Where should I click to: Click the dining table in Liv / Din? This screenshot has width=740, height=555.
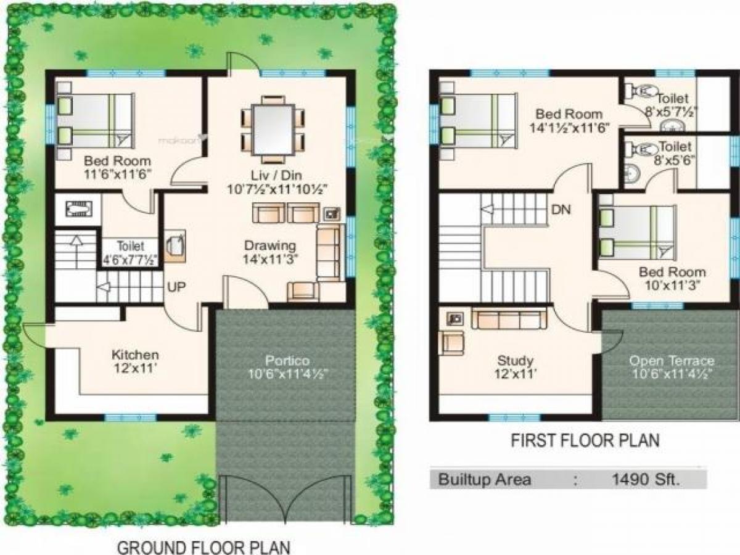273,129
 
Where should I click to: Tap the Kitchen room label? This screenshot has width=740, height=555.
135,355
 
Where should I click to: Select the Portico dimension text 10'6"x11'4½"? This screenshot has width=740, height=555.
288,374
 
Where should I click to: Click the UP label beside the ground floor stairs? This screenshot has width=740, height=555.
176,287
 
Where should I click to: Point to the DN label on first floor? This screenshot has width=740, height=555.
561,210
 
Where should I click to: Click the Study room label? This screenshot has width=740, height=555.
516,361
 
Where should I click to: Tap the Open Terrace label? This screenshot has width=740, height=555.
672,361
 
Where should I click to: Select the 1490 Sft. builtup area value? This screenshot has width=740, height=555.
644,480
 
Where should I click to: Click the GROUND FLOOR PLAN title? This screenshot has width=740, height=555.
203,548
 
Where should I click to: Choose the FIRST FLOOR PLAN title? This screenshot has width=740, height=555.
585,440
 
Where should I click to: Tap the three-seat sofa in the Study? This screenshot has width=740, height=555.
509,318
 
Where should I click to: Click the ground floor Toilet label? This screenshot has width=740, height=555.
131,246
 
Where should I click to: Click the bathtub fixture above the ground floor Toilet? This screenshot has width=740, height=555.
78,208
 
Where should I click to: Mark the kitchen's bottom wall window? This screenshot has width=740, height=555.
131,418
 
